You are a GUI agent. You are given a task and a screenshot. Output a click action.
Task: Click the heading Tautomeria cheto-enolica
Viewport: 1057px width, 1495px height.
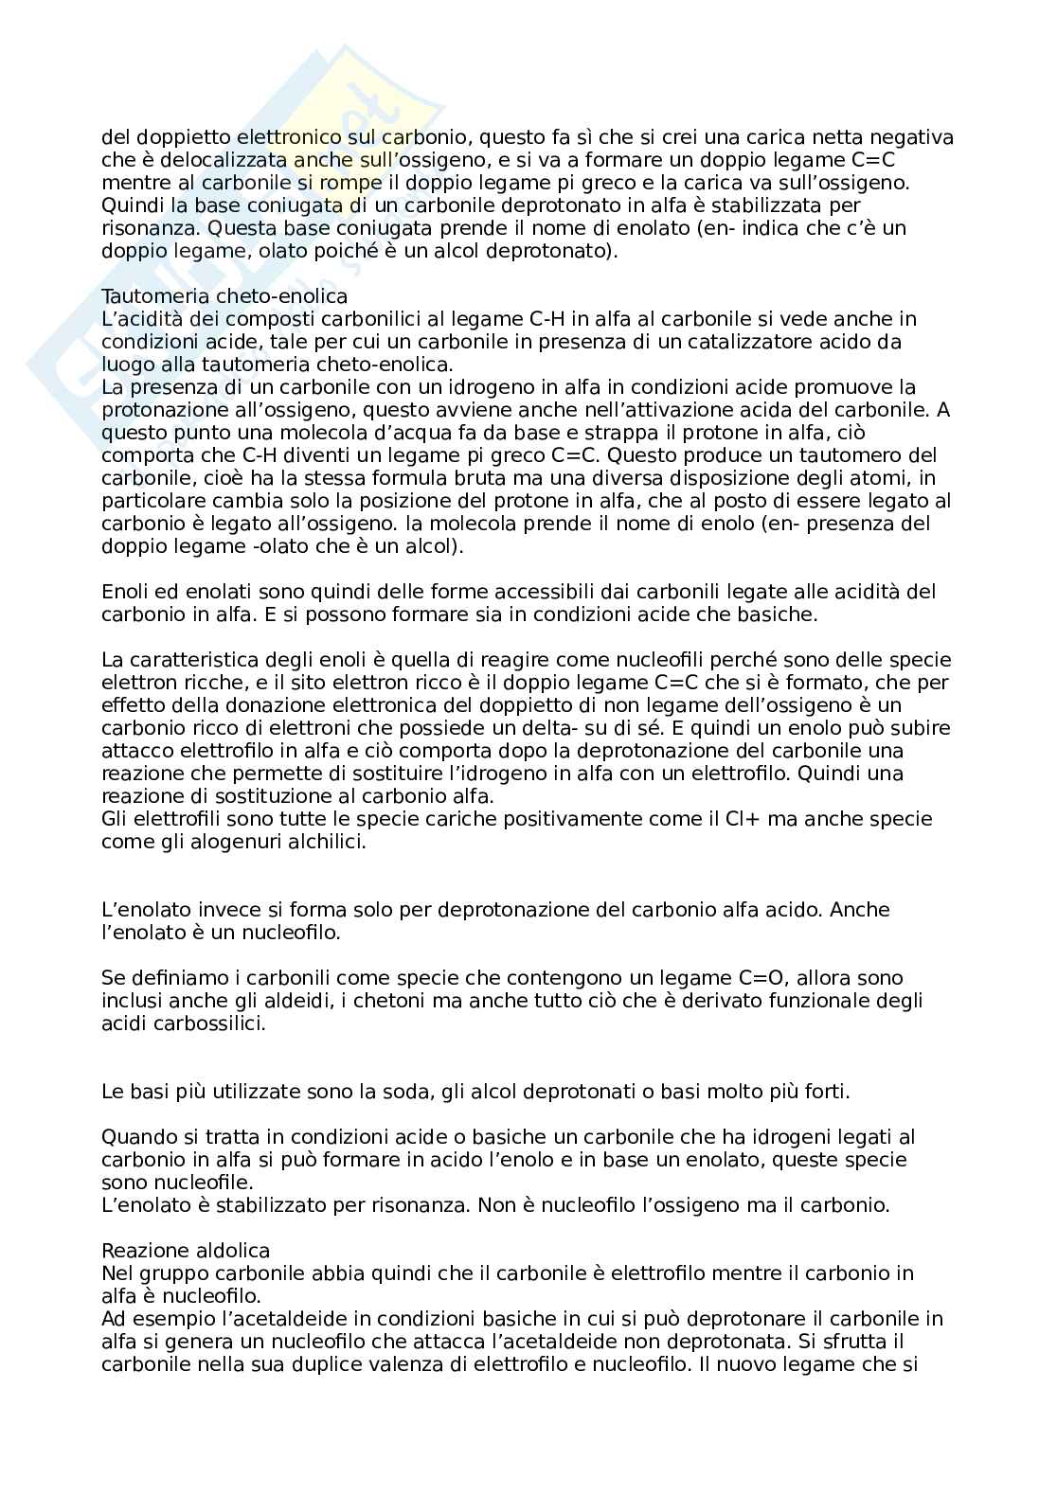[224, 296]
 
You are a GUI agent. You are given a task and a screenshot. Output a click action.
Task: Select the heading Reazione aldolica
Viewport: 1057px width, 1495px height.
[186, 1251]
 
